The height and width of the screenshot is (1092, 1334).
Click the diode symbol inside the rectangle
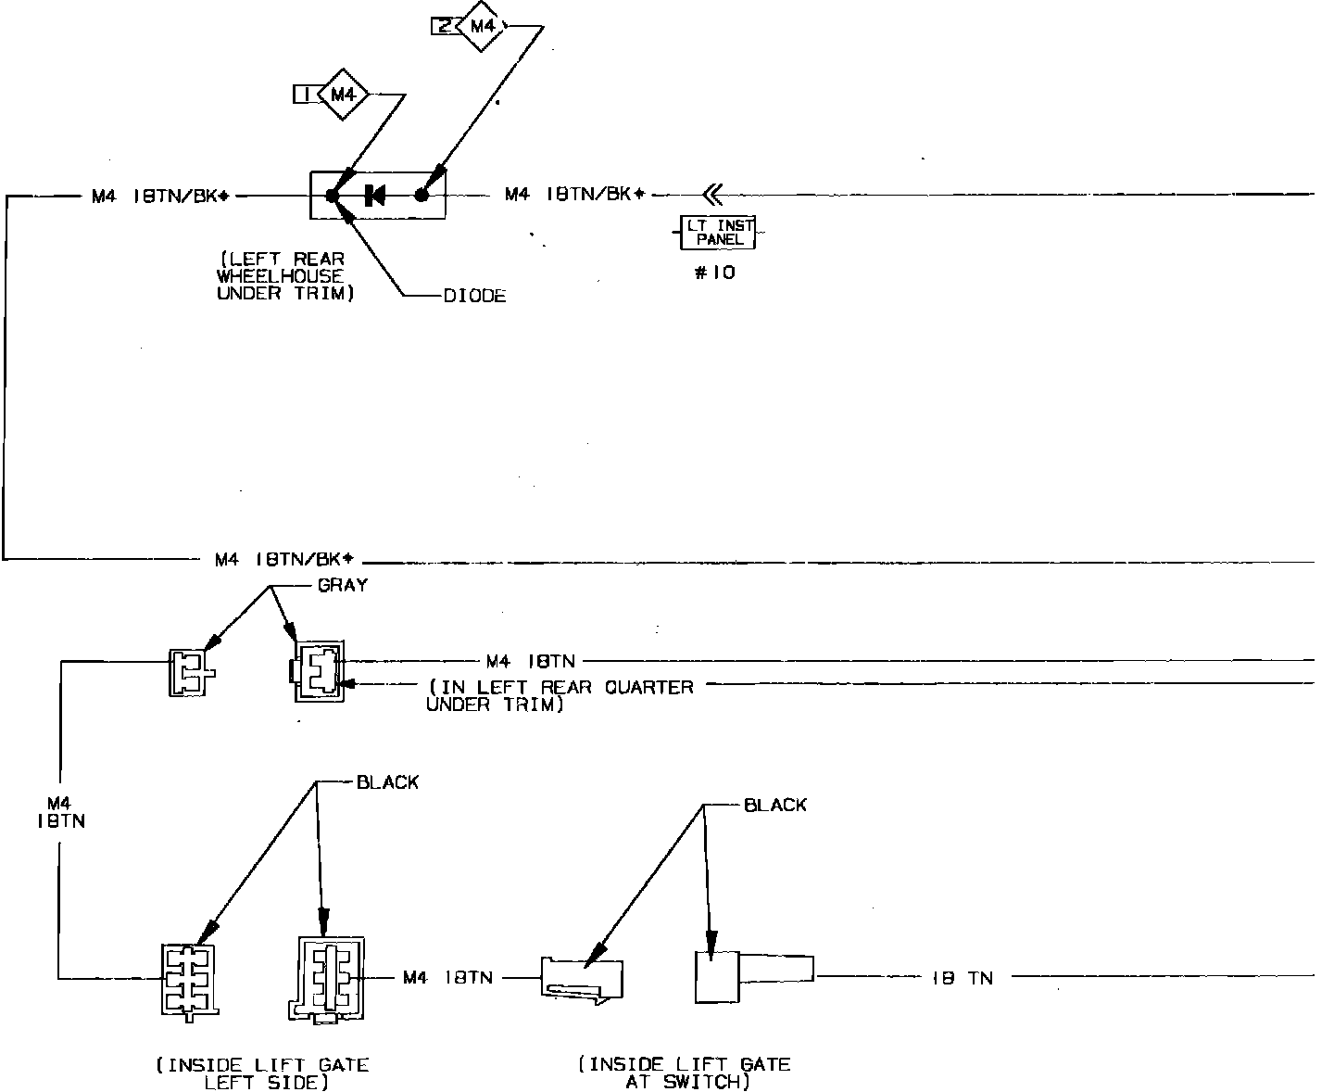(x=375, y=195)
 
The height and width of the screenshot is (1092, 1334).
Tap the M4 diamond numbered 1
(x=342, y=94)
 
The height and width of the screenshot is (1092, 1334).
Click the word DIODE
(x=474, y=297)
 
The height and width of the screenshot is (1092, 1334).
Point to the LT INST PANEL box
(x=719, y=232)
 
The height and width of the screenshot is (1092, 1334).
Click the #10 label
(x=715, y=273)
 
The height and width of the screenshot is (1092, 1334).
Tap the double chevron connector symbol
(x=712, y=195)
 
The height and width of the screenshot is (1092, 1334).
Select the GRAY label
(x=342, y=585)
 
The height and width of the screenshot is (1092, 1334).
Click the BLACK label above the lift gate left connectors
(x=387, y=782)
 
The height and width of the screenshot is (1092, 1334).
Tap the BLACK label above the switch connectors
(x=774, y=805)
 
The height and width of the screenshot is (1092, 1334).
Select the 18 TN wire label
(x=961, y=977)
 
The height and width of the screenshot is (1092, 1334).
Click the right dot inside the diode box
(x=422, y=195)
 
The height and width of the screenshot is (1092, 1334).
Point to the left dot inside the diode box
(x=332, y=195)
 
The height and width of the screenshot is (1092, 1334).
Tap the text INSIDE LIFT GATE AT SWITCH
(x=685, y=1073)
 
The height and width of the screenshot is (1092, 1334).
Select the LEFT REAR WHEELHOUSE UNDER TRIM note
(x=280, y=276)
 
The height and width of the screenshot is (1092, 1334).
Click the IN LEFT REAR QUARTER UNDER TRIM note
(x=560, y=695)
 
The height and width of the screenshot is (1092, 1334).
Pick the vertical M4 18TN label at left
(x=60, y=811)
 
